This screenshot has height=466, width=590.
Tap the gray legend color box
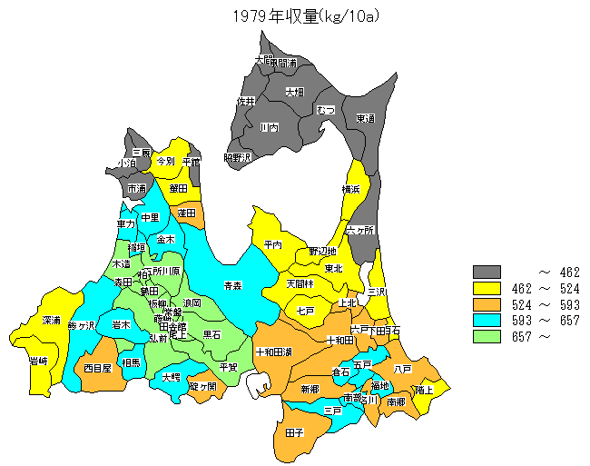click(487, 272)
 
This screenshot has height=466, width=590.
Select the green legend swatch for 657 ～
click(487, 336)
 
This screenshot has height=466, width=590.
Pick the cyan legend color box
click(487, 320)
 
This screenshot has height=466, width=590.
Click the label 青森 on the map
click(233, 285)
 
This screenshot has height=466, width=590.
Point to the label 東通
click(365, 118)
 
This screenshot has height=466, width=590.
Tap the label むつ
click(326, 110)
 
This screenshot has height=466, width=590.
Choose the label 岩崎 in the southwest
click(38, 361)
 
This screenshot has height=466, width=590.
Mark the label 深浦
click(52, 321)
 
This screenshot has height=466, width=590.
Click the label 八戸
click(403, 369)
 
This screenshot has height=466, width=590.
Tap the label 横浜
click(351, 189)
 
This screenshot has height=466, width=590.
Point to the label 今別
click(165, 161)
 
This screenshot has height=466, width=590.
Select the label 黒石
click(211, 334)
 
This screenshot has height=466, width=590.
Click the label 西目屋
click(97, 369)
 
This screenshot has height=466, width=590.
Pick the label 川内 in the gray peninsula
click(269, 128)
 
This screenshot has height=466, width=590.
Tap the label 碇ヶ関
click(202, 386)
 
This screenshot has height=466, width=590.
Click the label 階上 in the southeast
click(424, 390)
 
